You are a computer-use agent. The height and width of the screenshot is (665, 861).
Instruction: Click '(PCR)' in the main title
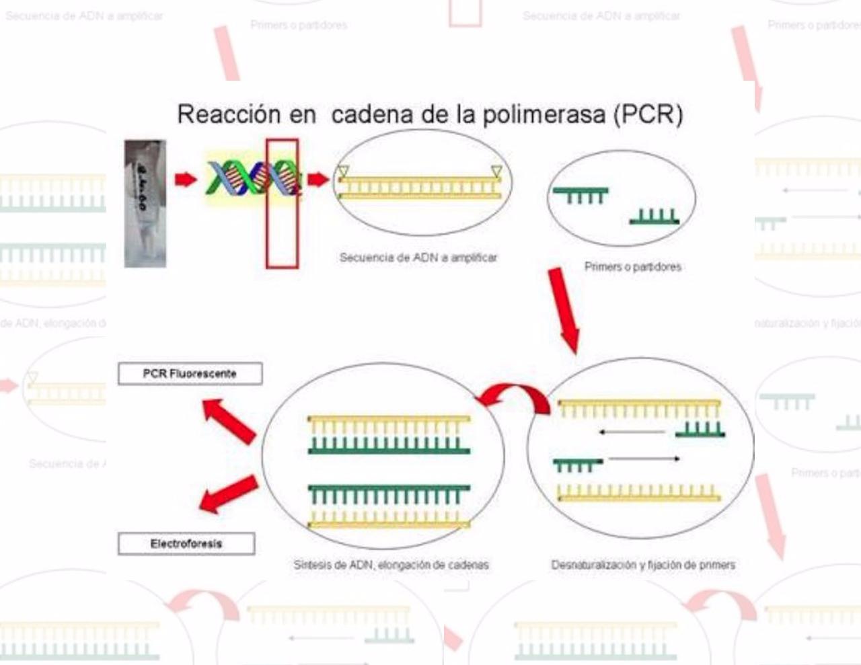click(x=648, y=114)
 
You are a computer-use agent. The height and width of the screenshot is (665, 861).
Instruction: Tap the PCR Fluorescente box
click(x=190, y=374)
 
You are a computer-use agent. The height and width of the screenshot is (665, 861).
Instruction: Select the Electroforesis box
click(x=186, y=543)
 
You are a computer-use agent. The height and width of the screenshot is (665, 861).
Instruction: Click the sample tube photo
click(x=145, y=204)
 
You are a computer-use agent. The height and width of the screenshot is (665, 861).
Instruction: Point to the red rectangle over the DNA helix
click(x=282, y=203)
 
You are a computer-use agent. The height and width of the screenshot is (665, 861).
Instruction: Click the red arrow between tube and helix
click(x=186, y=179)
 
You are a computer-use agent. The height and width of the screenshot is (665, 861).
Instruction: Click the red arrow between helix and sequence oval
click(x=318, y=179)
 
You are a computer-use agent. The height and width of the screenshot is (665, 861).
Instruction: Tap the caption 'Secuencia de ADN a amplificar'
click(x=418, y=258)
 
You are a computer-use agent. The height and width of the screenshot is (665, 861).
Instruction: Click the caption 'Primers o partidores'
click(x=632, y=267)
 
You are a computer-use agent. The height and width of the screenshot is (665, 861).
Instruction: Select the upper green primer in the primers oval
click(x=581, y=194)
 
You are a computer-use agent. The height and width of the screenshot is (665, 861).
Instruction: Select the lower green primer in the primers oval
click(x=654, y=217)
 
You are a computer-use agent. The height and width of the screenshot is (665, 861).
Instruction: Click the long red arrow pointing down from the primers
click(x=564, y=309)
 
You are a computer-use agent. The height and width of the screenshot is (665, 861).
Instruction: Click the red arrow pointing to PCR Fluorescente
click(x=230, y=421)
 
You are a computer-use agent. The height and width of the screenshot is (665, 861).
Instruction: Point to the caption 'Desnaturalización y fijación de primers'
click(x=643, y=565)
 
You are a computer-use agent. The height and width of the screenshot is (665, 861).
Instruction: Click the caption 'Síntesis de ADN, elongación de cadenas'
click(x=391, y=565)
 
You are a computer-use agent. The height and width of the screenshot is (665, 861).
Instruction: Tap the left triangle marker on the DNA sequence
click(x=343, y=171)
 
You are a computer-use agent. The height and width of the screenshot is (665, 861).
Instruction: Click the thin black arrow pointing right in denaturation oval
click(x=644, y=459)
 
